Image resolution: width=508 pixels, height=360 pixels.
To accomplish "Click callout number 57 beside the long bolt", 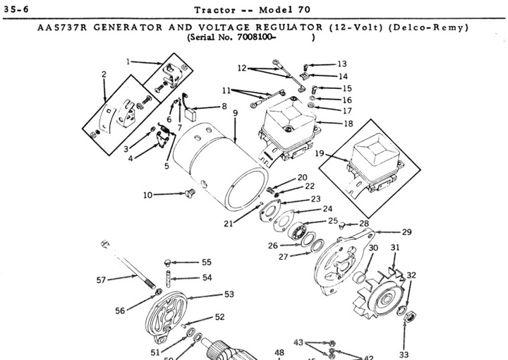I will (102, 280).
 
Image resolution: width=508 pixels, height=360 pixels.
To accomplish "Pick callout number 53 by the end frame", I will (229, 294).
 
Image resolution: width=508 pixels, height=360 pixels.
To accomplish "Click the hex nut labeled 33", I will (407, 324).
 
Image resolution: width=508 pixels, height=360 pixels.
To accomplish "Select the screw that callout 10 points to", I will (188, 192).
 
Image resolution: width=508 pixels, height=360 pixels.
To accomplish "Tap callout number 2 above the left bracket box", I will (104, 74).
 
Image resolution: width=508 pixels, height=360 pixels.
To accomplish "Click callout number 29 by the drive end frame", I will (406, 232).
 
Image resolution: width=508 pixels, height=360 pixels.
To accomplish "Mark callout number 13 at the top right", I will (342, 64).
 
